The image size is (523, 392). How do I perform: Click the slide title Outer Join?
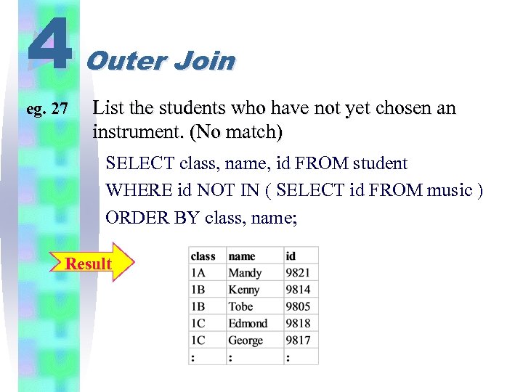coord(161,60)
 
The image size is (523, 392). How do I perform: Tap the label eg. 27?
coord(47,110)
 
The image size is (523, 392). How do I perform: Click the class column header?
coord(203,256)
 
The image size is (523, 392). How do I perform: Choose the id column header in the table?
coord(291,256)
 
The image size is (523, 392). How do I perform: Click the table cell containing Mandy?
coord(245,272)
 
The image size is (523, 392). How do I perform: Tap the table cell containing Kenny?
coord(244,289)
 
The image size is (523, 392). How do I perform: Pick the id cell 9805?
coord(298,306)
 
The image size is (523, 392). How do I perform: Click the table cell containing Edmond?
coord(248,323)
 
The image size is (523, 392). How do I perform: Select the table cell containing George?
coord(246,340)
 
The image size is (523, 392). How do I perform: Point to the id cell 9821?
coord(298,272)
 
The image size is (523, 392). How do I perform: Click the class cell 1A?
coord(198,272)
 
